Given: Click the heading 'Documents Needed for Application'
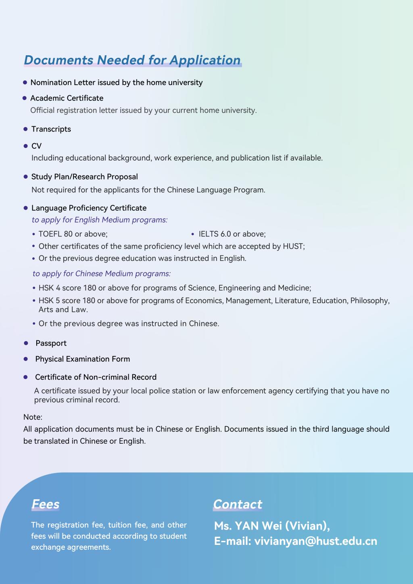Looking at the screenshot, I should [x=132, y=60].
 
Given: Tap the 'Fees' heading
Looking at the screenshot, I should [x=46, y=504].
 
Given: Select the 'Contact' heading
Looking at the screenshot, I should [x=238, y=504].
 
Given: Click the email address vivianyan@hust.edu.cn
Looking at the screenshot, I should [x=315, y=541].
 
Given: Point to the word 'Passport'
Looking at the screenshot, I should [x=51, y=343].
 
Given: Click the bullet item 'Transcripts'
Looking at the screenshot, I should [x=51, y=129].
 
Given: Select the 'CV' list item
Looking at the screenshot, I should [x=36, y=146].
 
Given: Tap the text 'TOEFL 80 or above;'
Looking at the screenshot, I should [x=73, y=234].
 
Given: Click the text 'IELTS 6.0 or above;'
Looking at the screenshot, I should [x=232, y=234].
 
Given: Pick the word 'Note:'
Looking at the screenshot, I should [x=33, y=417].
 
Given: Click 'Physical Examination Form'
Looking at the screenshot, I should [x=83, y=359].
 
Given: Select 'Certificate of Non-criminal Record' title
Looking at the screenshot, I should [x=96, y=377].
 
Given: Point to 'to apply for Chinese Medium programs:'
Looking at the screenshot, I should [x=102, y=273].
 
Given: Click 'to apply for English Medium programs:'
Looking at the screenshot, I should [x=100, y=220].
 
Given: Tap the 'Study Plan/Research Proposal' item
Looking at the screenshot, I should [x=85, y=177].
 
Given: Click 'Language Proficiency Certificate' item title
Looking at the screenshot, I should [x=89, y=208].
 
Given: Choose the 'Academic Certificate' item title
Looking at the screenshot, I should [x=67, y=98].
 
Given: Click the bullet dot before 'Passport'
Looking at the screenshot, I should [x=26, y=343].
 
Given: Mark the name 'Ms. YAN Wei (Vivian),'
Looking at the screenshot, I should [x=272, y=526].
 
